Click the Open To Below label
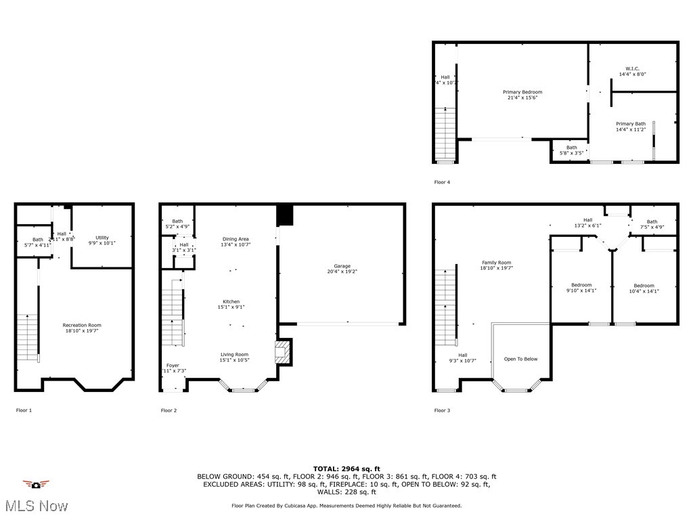[520, 359]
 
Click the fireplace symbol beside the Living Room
[281, 352]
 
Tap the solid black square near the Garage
[286, 215]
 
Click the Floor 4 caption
[441, 182]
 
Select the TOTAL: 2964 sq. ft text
[346, 469]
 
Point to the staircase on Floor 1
[27, 337]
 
